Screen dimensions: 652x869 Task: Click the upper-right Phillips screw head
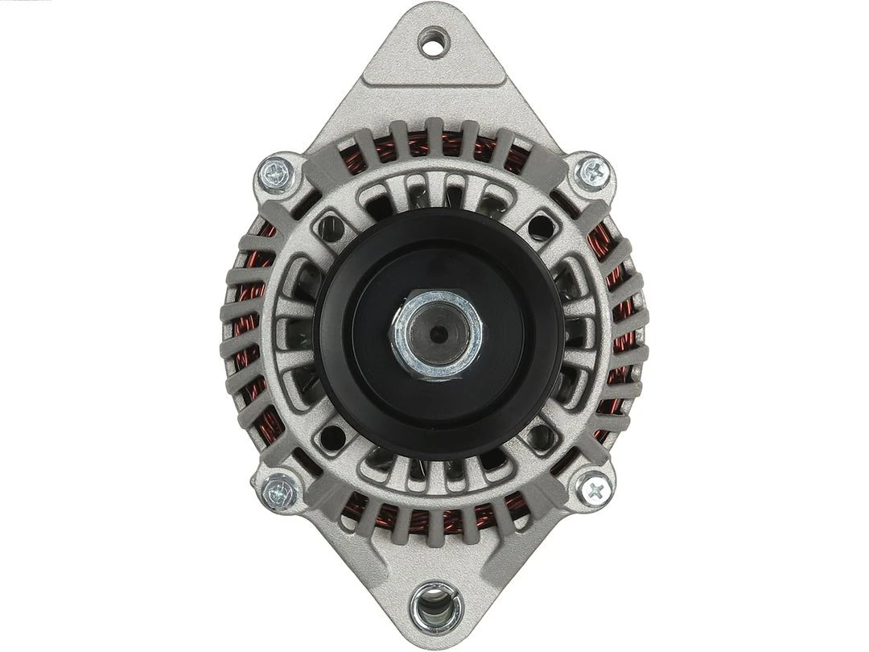click(x=595, y=171)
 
